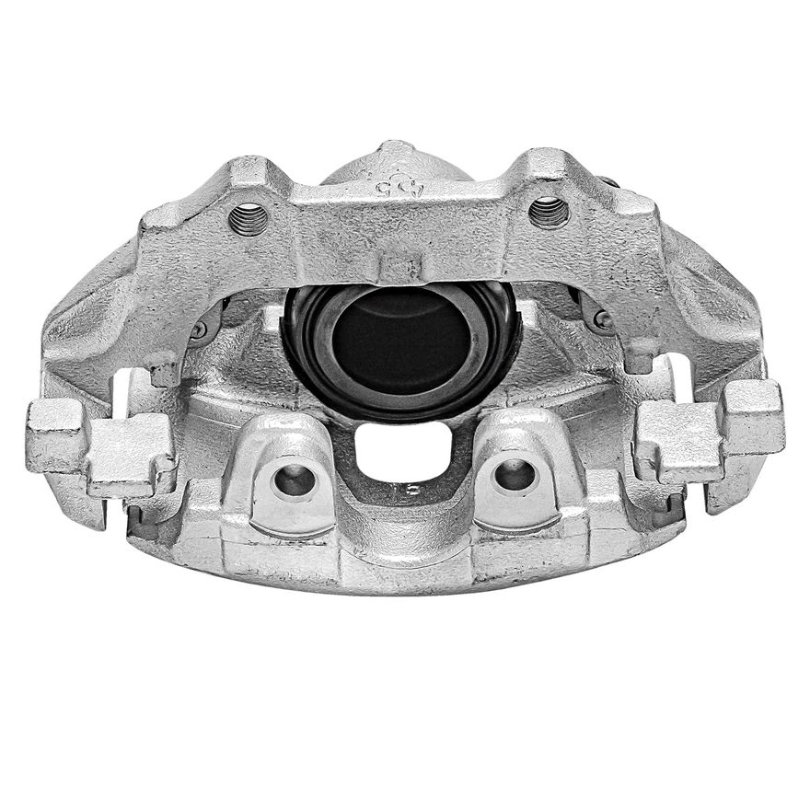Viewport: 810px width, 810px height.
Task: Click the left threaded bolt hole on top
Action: [x=249, y=219]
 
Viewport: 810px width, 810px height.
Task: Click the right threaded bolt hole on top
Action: [x=549, y=213]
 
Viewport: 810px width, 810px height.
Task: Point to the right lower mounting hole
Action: [x=514, y=475]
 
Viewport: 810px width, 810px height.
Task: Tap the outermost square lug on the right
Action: [x=752, y=417]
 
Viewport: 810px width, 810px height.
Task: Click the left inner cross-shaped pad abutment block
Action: [x=132, y=454]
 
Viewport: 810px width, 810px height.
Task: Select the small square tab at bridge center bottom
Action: [x=401, y=268]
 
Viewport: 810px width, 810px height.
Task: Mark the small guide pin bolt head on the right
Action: [x=603, y=320]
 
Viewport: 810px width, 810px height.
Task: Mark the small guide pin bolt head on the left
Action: [x=200, y=329]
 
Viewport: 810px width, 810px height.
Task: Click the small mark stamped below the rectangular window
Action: [x=411, y=489]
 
